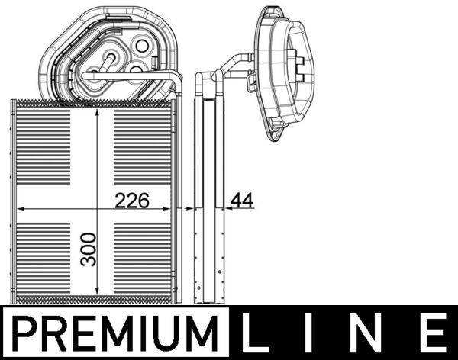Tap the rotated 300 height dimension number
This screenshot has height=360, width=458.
(89, 249)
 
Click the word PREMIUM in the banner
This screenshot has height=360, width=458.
(114, 333)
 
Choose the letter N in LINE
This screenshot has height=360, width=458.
(373, 333)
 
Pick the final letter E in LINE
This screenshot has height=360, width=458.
(433, 333)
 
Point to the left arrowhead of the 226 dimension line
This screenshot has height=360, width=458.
(21, 207)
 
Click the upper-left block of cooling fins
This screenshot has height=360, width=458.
(53, 153)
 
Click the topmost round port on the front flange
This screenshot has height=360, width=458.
(142, 46)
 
